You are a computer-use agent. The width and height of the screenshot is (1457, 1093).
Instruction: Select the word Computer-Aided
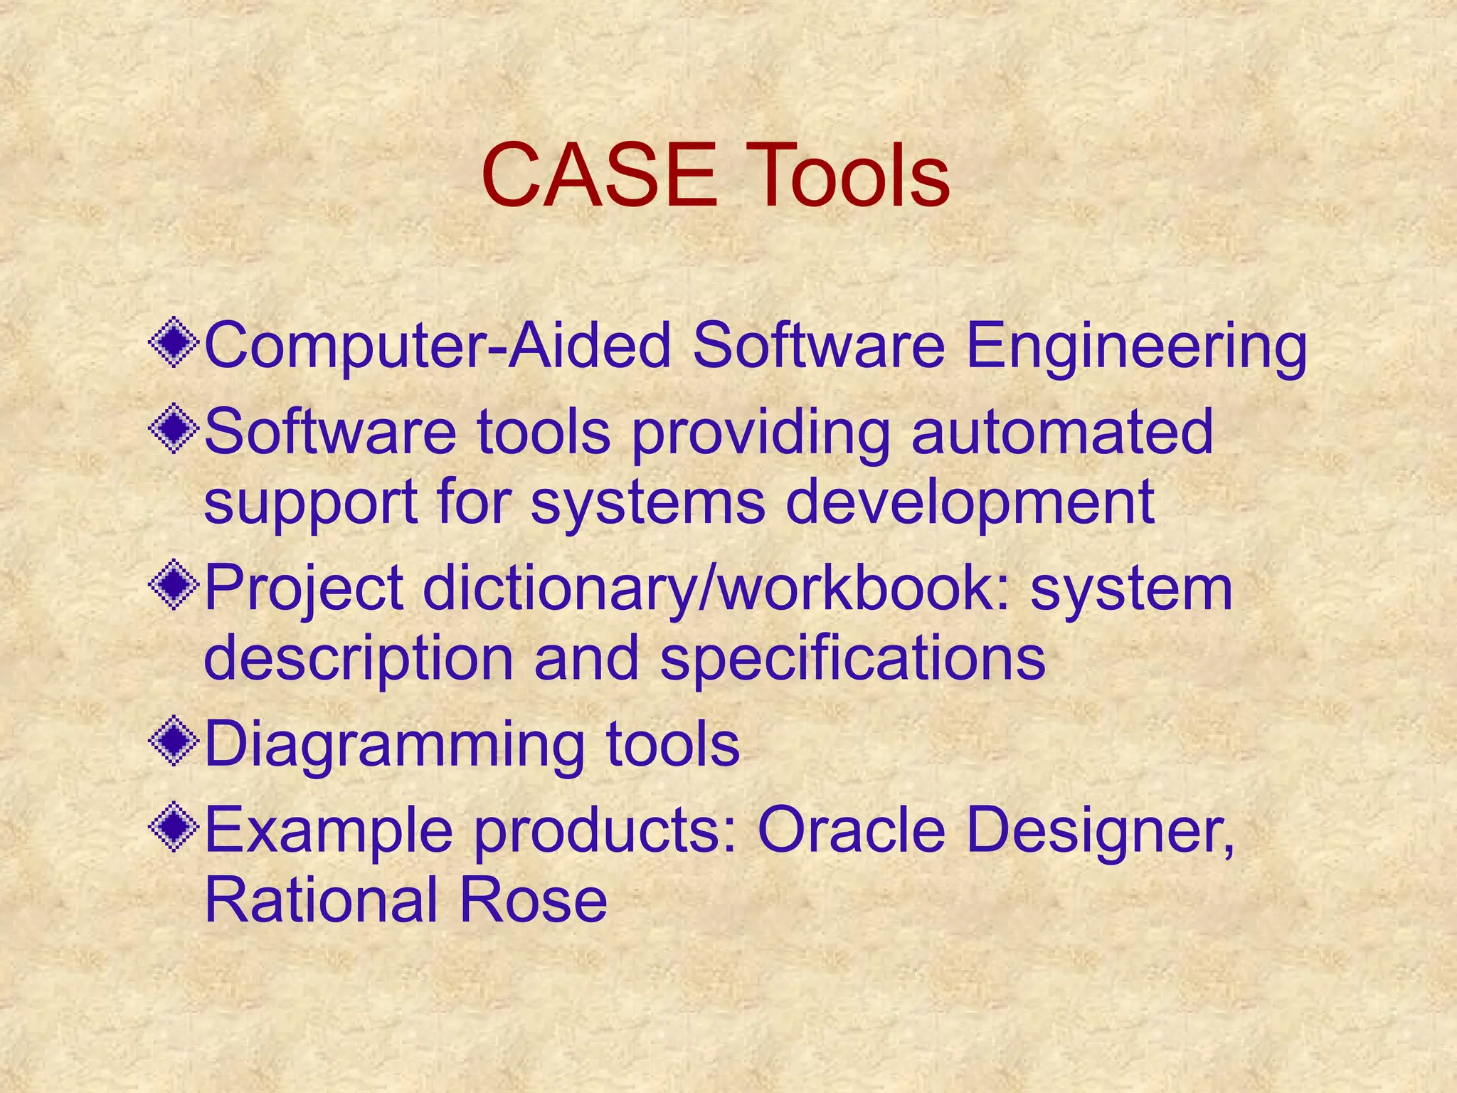pos(438,347)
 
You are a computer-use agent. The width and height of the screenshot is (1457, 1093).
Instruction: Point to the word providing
pos(761,434)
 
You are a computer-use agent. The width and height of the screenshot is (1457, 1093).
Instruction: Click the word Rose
pos(534,899)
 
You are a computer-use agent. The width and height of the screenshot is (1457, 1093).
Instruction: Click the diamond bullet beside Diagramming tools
pos(174,742)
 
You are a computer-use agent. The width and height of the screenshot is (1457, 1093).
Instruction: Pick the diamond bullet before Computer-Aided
pos(174,344)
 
